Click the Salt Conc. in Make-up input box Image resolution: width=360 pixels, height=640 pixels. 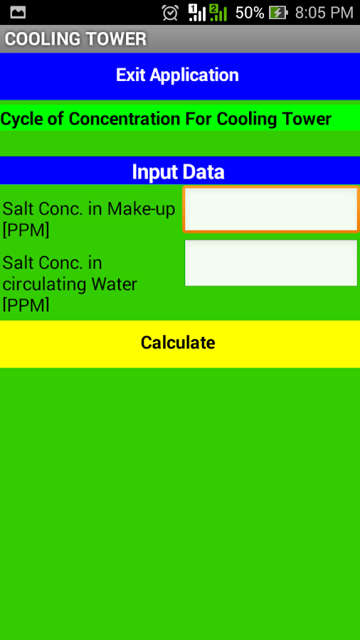[271, 209]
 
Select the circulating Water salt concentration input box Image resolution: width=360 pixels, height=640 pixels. [271, 263]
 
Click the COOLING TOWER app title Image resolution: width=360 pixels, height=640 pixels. [75, 39]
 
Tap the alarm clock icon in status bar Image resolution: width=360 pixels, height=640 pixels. [170, 13]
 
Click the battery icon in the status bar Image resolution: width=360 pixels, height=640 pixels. [278, 13]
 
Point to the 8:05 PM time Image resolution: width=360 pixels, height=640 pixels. [324, 13]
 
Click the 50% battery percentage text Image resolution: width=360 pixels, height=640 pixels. [250, 13]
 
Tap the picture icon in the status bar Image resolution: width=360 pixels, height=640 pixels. [18, 13]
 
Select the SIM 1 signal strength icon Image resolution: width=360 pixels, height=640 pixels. [197, 13]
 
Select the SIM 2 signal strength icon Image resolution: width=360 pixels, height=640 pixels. [218, 13]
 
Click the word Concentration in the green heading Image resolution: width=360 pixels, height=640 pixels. [125, 119]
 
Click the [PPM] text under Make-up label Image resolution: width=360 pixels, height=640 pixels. [26, 230]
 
